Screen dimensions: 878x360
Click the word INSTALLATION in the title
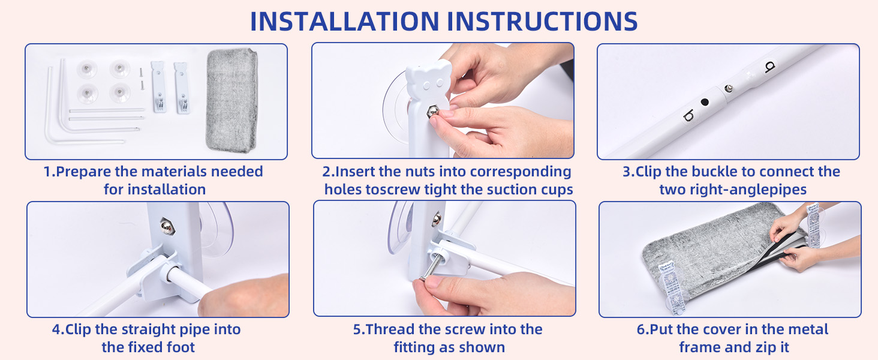pyautogui.click(x=344, y=21)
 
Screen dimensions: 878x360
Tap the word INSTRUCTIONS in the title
pyautogui.click(x=543, y=21)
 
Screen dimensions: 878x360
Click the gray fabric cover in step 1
pyautogui.click(x=231, y=100)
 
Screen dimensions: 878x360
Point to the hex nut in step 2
pyautogui.click(x=432, y=113)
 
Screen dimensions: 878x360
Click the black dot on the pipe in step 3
pyautogui.click(x=705, y=103)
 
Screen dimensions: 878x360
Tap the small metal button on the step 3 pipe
pyautogui.click(x=729, y=88)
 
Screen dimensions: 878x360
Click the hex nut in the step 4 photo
pyautogui.click(x=168, y=226)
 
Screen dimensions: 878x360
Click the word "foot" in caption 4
pyautogui.click(x=181, y=347)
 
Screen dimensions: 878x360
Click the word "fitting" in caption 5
pyautogui.click(x=424, y=348)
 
